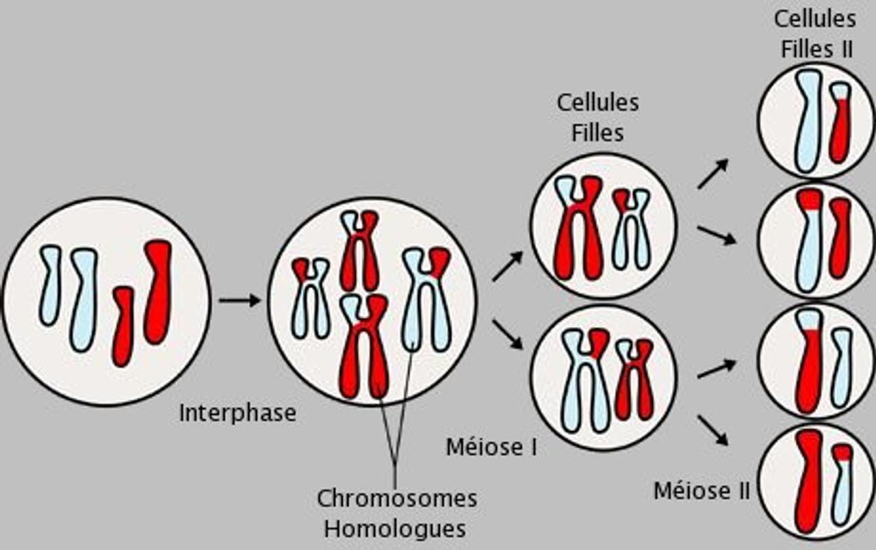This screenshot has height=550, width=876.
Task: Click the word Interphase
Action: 237,413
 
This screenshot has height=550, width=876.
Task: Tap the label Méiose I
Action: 491,447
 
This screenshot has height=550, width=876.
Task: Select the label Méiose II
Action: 701,491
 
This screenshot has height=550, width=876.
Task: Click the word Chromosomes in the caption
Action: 397,498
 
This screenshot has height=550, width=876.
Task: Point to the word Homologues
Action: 395,529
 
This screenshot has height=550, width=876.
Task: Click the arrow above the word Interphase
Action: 239,300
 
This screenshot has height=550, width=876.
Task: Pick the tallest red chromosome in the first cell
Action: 157,291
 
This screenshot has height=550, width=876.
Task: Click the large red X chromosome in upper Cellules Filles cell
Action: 579,228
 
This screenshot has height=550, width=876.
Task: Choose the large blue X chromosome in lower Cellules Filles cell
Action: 585,380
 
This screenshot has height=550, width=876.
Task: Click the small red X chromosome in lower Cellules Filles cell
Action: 634,380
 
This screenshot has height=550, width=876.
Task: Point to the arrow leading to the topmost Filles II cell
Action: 712,174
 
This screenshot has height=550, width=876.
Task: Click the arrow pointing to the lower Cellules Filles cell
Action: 506,334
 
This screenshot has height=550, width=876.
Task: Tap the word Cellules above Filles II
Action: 814,19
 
